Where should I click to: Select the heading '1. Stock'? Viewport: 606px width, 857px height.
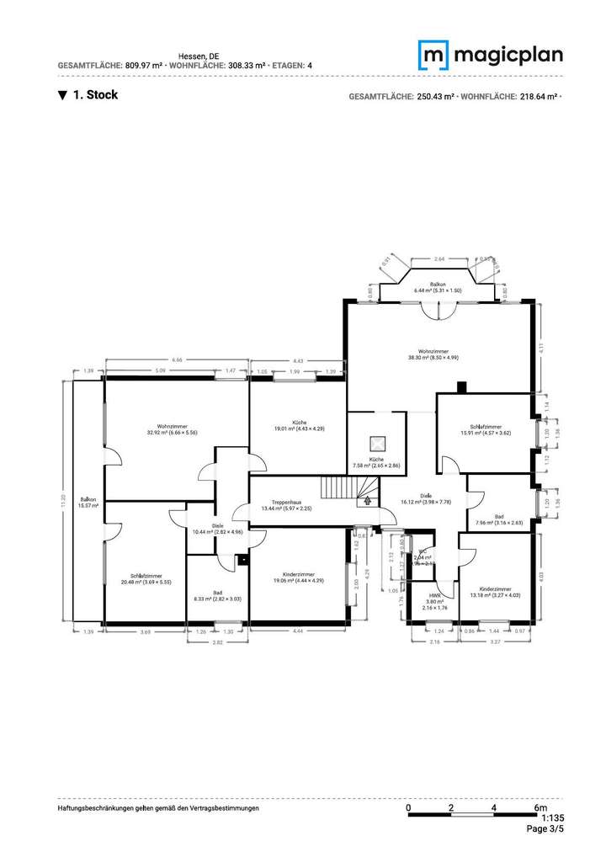click(x=88, y=95)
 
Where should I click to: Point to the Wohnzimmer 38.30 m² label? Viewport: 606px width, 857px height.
click(x=433, y=354)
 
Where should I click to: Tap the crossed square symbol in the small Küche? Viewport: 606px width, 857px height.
click(x=376, y=444)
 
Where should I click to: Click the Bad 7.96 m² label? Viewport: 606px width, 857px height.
click(x=499, y=519)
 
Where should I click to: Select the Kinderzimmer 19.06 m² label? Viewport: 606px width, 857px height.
click(x=299, y=577)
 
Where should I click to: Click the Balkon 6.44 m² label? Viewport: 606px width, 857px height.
click(x=437, y=288)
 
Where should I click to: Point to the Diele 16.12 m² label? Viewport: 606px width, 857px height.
click(x=427, y=498)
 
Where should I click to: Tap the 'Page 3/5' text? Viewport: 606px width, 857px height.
click(x=545, y=829)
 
